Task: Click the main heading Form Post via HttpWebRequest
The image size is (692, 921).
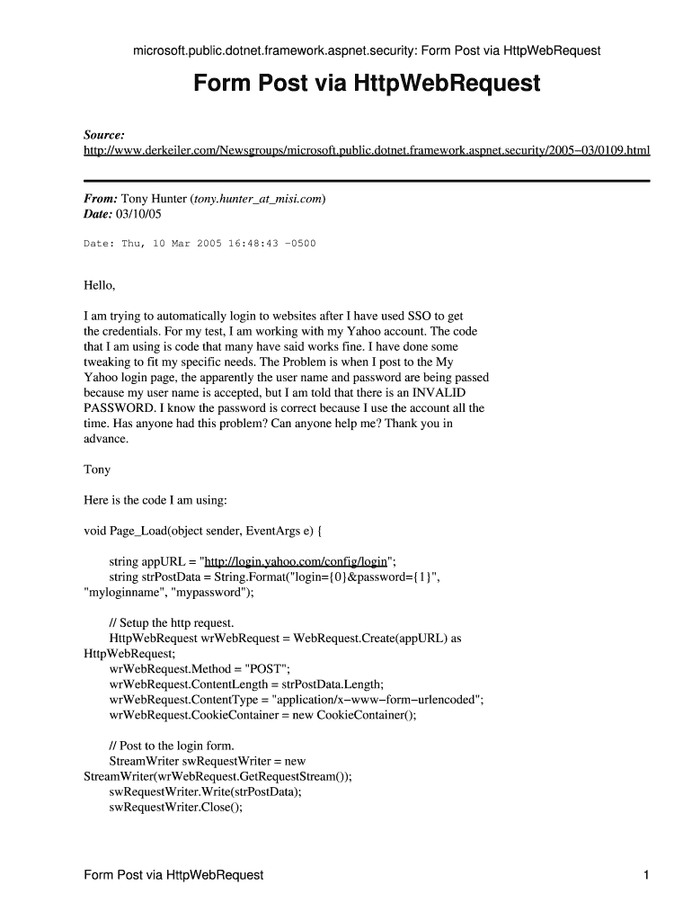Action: coord(368,84)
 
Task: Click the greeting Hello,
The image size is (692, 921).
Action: coord(100,285)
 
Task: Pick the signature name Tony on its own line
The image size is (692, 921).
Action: coord(97,469)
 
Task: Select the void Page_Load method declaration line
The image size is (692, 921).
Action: coord(210,530)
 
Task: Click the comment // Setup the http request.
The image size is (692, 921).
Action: coord(172,622)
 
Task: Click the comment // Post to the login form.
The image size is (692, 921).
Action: coord(172,745)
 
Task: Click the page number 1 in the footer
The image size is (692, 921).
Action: coord(646,875)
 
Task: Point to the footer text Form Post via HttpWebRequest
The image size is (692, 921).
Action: coord(173,875)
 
